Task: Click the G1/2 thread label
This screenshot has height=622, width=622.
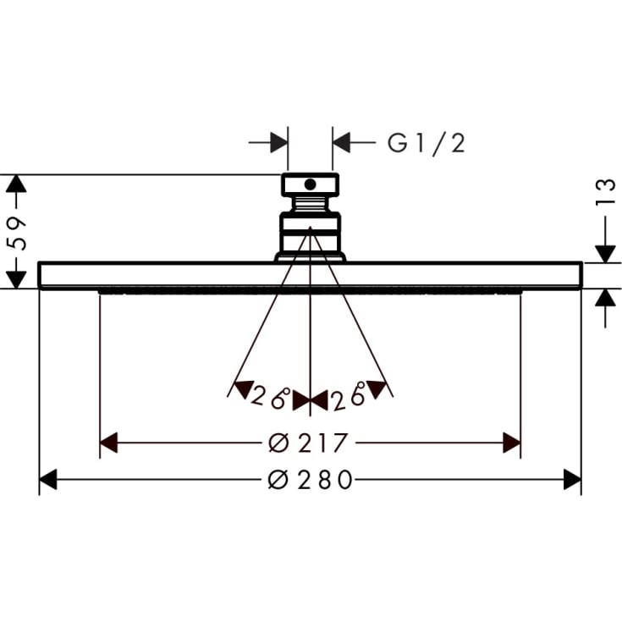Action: pyautogui.click(x=426, y=143)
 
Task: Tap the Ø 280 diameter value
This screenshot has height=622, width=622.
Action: pyautogui.click(x=311, y=480)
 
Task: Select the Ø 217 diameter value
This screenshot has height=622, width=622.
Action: pyautogui.click(x=308, y=443)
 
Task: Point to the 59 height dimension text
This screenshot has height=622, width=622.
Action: pyautogui.click(x=17, y=234)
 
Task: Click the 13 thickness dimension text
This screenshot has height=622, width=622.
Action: pyautogui.click(x=605, y=192)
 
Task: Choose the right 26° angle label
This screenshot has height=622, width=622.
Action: pyautogui.click(x=350, y=396)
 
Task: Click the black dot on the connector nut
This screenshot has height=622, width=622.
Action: pyautogui.click(x=311, y=184)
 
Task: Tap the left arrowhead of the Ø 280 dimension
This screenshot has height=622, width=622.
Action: pyautogui.click(x=48, y=479)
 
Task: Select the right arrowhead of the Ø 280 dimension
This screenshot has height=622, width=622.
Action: pyautogui.click(x=572, y=479)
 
